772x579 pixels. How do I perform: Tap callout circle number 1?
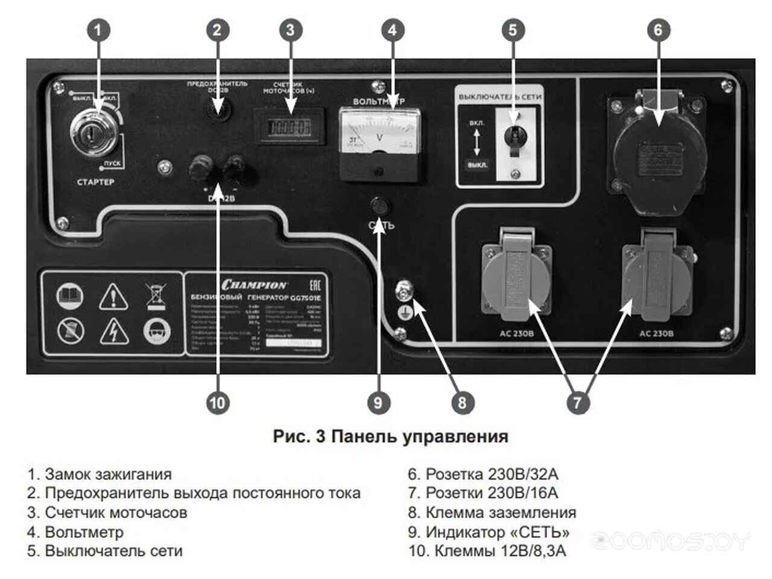tap(99, 30)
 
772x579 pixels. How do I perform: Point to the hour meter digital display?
tap(289, 127)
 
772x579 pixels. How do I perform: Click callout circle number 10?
tap(218, 402)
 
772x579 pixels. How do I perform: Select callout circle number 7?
tap(578, 402)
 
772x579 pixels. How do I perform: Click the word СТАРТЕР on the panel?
tap(95, 182)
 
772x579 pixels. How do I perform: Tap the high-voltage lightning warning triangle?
tap(113, 331)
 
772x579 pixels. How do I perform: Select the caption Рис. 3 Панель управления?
tap(390, 436)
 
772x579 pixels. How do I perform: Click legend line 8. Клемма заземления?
tap(492, 513)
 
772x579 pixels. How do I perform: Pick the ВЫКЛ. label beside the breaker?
tap(477, 165)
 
